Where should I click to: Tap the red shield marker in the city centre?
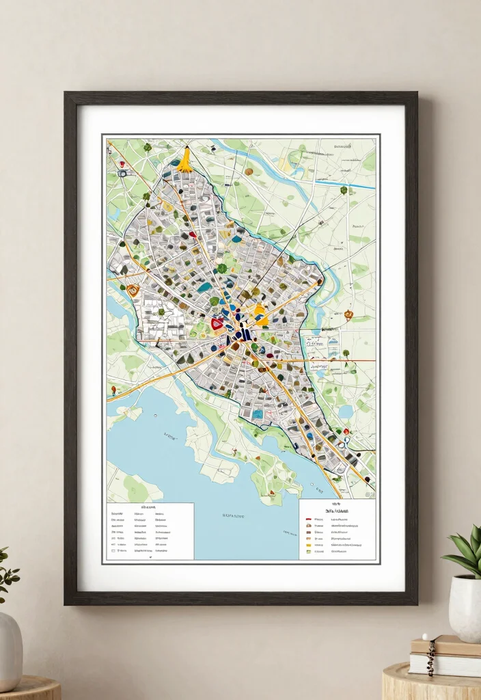(217, 323)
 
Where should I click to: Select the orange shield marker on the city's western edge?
(133, 290)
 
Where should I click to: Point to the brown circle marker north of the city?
(249, 171)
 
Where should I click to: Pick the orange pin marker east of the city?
(348, 314)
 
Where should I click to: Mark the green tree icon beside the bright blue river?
(344, 190)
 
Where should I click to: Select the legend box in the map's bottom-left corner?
(150, 531)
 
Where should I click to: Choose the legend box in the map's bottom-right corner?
(337, 530)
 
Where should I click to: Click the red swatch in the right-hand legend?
(309, 519)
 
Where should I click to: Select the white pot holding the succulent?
(465, 608)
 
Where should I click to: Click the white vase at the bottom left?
(10, 642)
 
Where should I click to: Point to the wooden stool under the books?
(431, 683)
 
